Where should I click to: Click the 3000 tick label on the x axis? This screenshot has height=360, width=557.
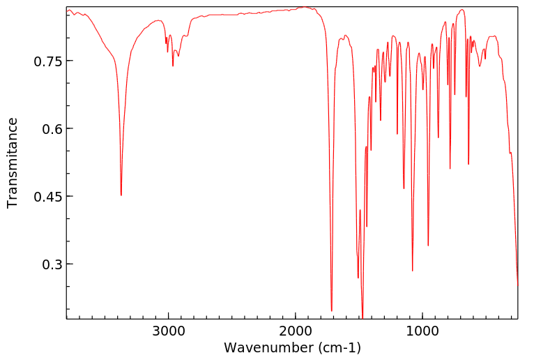[168, 331]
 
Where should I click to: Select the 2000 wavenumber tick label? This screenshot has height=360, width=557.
[295, 331]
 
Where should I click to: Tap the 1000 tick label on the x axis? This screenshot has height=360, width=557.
[422, 331]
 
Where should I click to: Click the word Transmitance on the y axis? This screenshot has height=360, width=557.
[13, 163]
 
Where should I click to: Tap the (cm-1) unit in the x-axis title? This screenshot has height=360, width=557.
[339, 347]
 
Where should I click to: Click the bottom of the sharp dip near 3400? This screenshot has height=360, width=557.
[121, 195]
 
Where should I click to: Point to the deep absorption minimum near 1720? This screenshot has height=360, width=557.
[332, 310]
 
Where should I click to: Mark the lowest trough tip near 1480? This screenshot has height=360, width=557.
[363, 317]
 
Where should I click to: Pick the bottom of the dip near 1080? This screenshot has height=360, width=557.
[413, 271]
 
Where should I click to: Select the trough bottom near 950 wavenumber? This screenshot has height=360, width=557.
[428, 246]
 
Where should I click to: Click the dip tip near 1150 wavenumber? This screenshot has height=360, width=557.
[404, 188]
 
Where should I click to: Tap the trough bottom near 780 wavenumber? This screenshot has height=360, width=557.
[450, 168]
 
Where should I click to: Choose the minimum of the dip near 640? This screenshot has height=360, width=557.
[468, 165]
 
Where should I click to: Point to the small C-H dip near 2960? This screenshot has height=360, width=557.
[173, 66]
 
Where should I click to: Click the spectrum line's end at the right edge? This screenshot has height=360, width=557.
[517, 285]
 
